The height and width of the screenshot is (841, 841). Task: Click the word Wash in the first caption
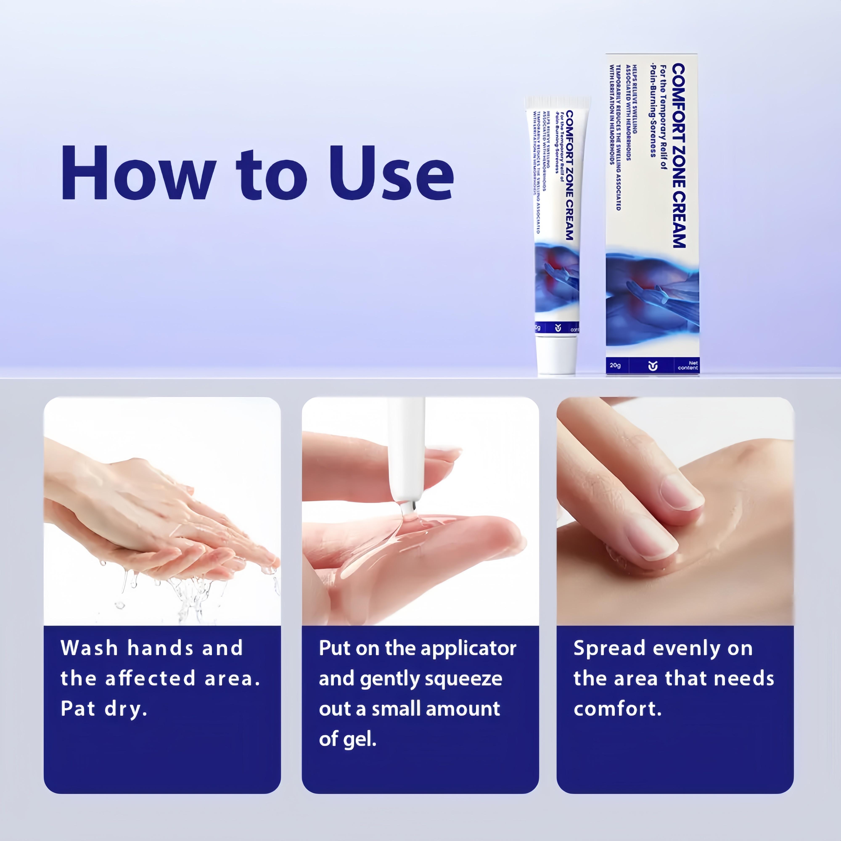(89, 648)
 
